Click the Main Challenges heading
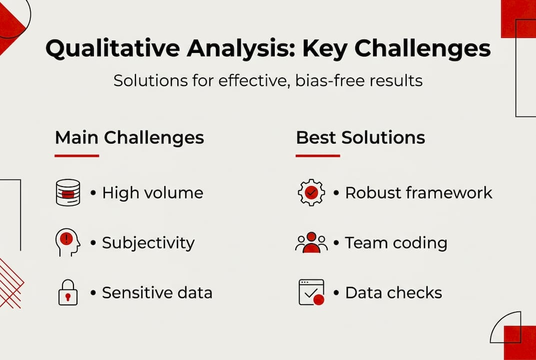click(x=129, y=137)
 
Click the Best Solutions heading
click(x=360, y=137)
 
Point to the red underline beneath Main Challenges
click(x=76, y=155)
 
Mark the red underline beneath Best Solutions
click(x=317, y=155)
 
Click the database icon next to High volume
click(x=67, y=192)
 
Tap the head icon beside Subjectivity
click(x=67, y=242)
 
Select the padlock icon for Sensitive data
click(x=67, y=292)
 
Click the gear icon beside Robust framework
click(x=311, y=192)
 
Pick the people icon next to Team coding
click(x=311, y=242)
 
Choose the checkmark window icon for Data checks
click(x=311, y=292)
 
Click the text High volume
click(x=152, y=192)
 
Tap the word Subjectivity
click(x=148, y=242)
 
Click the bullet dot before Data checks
click(x=336, y=293)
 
